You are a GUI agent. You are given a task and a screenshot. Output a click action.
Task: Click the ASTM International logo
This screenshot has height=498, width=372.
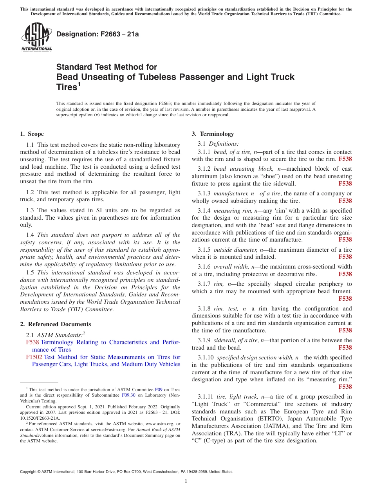pyautogui.click(x=36, y=37)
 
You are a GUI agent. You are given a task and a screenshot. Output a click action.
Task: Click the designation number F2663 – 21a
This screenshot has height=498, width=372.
pyautogui.click(x=98, y=34)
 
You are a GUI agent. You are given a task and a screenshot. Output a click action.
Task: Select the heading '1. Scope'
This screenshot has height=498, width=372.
pyautogui.click(x=32, y=134)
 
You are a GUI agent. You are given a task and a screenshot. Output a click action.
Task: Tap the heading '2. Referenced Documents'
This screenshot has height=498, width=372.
pyautogui.click(x=55, y=324)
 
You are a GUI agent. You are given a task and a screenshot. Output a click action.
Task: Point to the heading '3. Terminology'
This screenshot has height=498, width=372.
pyautogui.click(x=213, y=134)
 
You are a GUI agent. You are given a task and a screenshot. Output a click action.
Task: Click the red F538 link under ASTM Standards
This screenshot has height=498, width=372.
pyautogui.click(x=33, y=342)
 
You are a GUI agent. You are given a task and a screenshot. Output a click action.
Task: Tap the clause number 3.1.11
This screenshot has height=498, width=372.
pyautogui.click(x=207, y=397)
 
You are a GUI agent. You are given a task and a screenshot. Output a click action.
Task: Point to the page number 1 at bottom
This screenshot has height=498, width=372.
pyautogui.click(x=186, y=481)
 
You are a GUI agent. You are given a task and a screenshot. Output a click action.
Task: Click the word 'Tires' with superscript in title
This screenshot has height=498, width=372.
pyautogui.click(x=67, y=87)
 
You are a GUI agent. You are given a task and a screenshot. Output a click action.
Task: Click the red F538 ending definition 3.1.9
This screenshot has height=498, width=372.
pyautogui.click(x=345, y=348)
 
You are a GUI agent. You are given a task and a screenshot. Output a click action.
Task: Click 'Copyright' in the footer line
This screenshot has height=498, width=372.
pyautogui.click(x=29, y=472)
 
